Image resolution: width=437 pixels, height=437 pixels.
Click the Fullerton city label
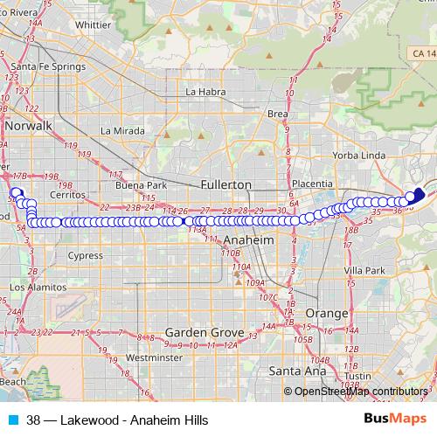pos(225,185)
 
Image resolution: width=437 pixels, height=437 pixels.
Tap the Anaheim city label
pos(249,239)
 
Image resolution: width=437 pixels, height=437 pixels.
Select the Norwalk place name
pos(29,126)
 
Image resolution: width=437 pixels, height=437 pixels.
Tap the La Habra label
pos(206,91)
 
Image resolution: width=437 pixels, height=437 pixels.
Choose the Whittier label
pos(94,25)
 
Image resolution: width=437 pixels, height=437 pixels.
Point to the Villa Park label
pos(364,271)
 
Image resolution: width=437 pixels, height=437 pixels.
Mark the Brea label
pos(277,114)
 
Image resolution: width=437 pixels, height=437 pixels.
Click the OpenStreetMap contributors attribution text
pos(361,391)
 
